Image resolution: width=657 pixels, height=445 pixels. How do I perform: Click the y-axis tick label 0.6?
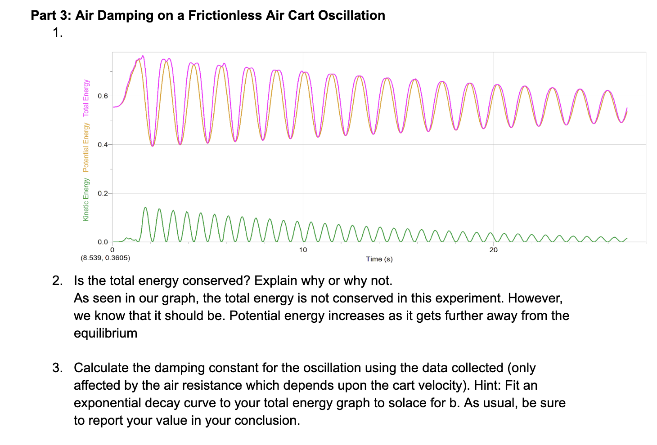tap(103, 96)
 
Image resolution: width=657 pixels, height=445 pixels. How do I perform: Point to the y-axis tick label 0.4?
tap(103, 145)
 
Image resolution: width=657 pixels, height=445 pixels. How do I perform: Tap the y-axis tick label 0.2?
tap(103, 194)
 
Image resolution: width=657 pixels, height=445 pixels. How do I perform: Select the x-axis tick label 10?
tap(303, 250)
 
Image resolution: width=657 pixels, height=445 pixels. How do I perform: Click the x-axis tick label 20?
tap(494, 250)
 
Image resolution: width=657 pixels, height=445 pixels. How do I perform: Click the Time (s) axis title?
tap(379, 259)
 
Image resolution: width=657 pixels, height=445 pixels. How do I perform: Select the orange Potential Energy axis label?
tap(86, 147)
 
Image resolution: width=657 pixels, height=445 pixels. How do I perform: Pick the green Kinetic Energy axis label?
tap(86, 199)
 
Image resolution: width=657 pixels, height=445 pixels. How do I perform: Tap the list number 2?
tap(57, 281)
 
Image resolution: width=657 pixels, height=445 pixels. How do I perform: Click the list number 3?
tap(57, 368)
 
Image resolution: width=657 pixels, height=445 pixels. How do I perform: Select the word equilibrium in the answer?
tap(105, 333)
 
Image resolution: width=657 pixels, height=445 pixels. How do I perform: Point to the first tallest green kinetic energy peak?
tap(145, 208)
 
